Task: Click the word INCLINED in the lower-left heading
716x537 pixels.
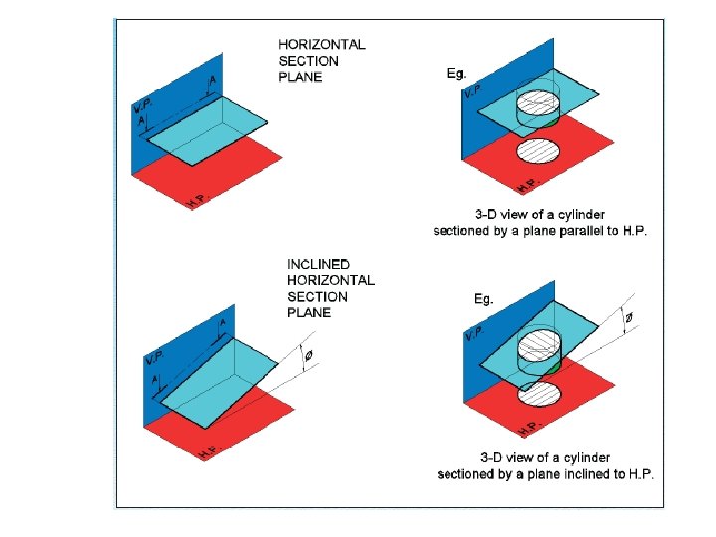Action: (x=318, y=265)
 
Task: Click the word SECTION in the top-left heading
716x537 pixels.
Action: (x=308, y=61)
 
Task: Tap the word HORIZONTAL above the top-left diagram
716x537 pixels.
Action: (x=322, y=45)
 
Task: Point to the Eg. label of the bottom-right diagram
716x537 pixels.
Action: (x=481, y=298)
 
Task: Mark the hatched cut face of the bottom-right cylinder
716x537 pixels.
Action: (x=543, y=349)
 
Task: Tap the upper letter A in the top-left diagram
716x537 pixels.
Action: (x=210, y=80)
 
